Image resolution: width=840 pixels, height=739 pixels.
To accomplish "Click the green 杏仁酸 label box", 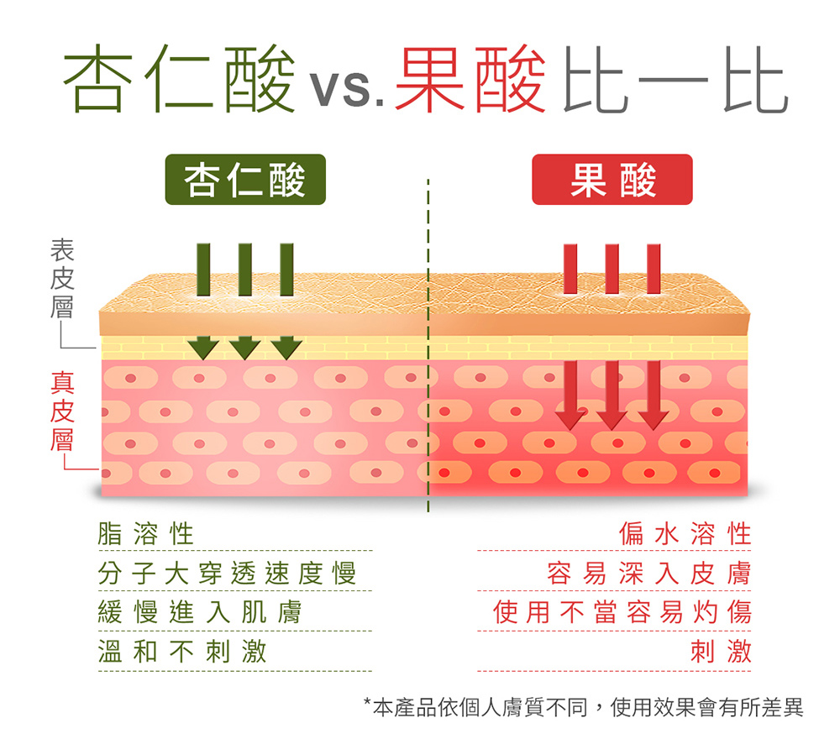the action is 245,180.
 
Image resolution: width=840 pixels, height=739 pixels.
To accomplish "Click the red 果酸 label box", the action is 612,180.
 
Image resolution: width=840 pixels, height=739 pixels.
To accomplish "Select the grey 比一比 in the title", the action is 675,79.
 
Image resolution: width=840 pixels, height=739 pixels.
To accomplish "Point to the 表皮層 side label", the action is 61,279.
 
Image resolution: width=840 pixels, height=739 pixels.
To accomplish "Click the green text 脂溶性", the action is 145,534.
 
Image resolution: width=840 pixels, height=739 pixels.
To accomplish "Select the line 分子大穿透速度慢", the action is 227,574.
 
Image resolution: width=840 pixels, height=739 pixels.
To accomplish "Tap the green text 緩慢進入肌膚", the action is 200,612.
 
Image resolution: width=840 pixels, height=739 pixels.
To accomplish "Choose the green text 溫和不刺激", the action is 182,652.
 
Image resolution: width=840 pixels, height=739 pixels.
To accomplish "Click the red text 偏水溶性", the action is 685,534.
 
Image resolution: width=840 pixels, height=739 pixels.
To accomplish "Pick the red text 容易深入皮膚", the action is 649,574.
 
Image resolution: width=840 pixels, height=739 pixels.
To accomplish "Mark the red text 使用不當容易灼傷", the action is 622,612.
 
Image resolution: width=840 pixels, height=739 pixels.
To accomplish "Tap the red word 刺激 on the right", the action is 721,652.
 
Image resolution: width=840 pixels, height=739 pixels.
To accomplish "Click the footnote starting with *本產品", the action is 584,707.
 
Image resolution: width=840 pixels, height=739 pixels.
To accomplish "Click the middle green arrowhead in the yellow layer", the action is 244,348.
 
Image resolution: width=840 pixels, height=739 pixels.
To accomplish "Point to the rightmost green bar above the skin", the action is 286,270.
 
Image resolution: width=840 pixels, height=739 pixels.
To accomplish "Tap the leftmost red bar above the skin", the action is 570,269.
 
